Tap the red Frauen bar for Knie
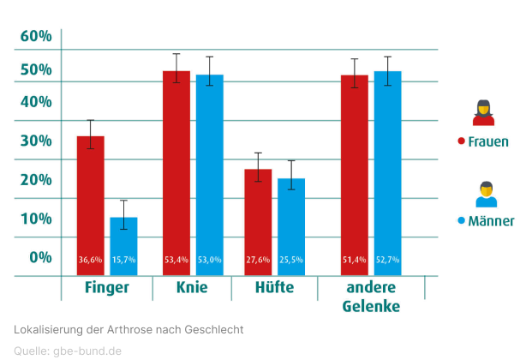(x=176, y=171)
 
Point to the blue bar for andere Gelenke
(x=387, y=171)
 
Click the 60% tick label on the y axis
(x=36, y=36)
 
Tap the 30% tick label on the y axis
(x=36, y=141)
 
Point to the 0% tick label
(x=40, y=256)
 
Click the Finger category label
(x=105, y=288)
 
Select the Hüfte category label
(x=273, y=288)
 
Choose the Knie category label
(x=192, y=288)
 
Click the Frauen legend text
(x=488, y=141)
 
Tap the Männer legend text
(x=491, y=220)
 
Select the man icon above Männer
(x=487, y=194)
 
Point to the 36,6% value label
(x=90, y=260)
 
